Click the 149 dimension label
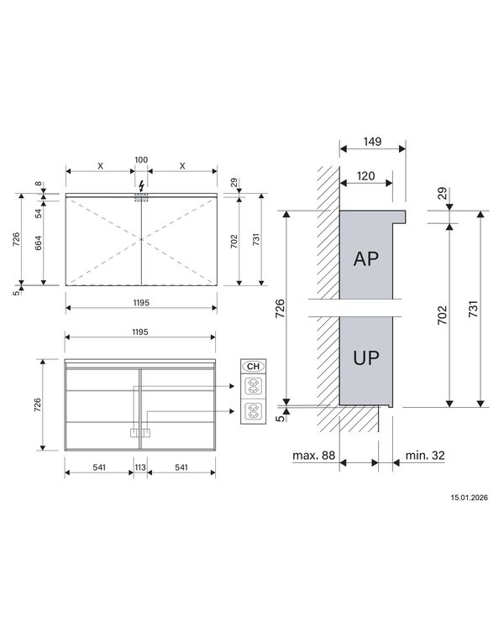(372, 142)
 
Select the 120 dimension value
(365, 176)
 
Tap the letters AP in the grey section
(365, 258)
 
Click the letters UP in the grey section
(365, 357)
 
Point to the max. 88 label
(314, 455)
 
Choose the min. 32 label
(425, 455)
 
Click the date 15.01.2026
(469, 498)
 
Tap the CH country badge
(253, 366)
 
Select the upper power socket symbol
(253, 386)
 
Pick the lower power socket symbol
(253, 411)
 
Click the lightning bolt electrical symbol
(141, 186)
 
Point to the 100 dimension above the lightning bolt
(141, 159)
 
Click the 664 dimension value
(39, 243)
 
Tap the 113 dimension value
(140, 467)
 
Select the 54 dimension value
(39, 213)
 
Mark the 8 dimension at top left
(39, 184)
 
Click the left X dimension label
(100, 166)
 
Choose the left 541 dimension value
(99, 467)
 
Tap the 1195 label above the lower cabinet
(140, 332)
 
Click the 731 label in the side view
(474, 309)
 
